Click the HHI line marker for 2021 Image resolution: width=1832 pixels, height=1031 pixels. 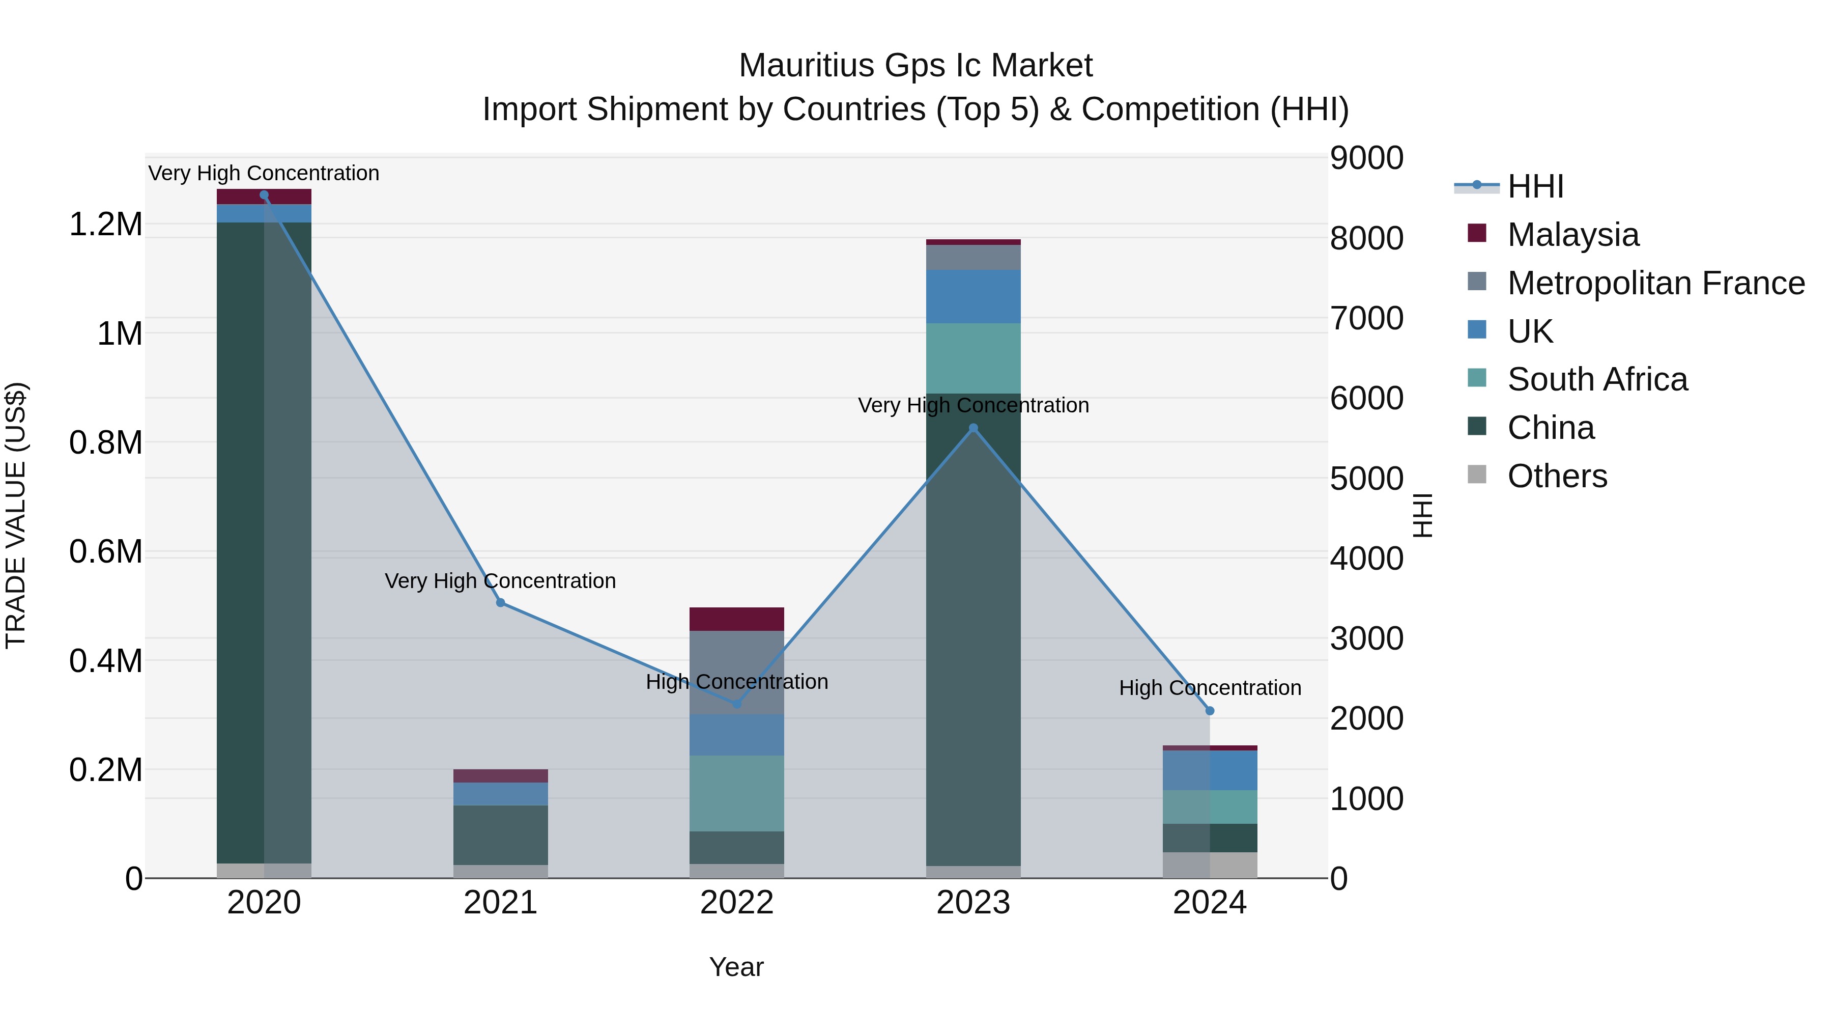pyautogui.click(x=501, y=603)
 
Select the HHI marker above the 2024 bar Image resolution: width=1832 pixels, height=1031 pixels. pyautogui.click(x=1210, y=711)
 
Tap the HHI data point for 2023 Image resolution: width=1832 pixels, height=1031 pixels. pyautogui.click(x=974, y=428)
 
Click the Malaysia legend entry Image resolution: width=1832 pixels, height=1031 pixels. pyautogui.click(x=1572, y=235)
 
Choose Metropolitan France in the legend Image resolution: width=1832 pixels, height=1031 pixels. pyautogui.click(x=1655, y=283)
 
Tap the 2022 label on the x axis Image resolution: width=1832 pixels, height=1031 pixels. pyautogui.click(x=737, y=903)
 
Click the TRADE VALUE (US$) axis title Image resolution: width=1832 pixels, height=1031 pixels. pyautogui.click(x=16, y=515)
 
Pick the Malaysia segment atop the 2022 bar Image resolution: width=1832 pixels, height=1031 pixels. pyautogui.click(x=737, y=619)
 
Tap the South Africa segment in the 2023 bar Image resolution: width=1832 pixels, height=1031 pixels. pyautogui.click(x=973, y=358)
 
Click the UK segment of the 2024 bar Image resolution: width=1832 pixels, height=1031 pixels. pyautogui.click(x=1210, y=770)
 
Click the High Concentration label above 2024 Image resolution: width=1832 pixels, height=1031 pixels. pyautogui.click(x=1210, y=688)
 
